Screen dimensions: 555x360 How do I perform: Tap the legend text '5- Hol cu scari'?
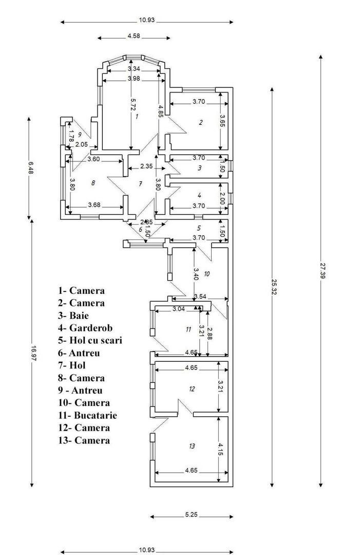[90, 340]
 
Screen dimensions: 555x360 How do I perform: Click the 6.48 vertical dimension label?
[30, 168]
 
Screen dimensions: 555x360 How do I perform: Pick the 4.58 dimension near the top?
[134, 36]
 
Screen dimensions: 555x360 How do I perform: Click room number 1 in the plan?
[137, 117]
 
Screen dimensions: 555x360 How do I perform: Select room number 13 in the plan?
[192, 447]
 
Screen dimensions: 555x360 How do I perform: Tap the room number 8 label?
[93, 182]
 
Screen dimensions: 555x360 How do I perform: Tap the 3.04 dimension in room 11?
[178, 309]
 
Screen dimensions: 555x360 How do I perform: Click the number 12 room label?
[192, 389]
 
